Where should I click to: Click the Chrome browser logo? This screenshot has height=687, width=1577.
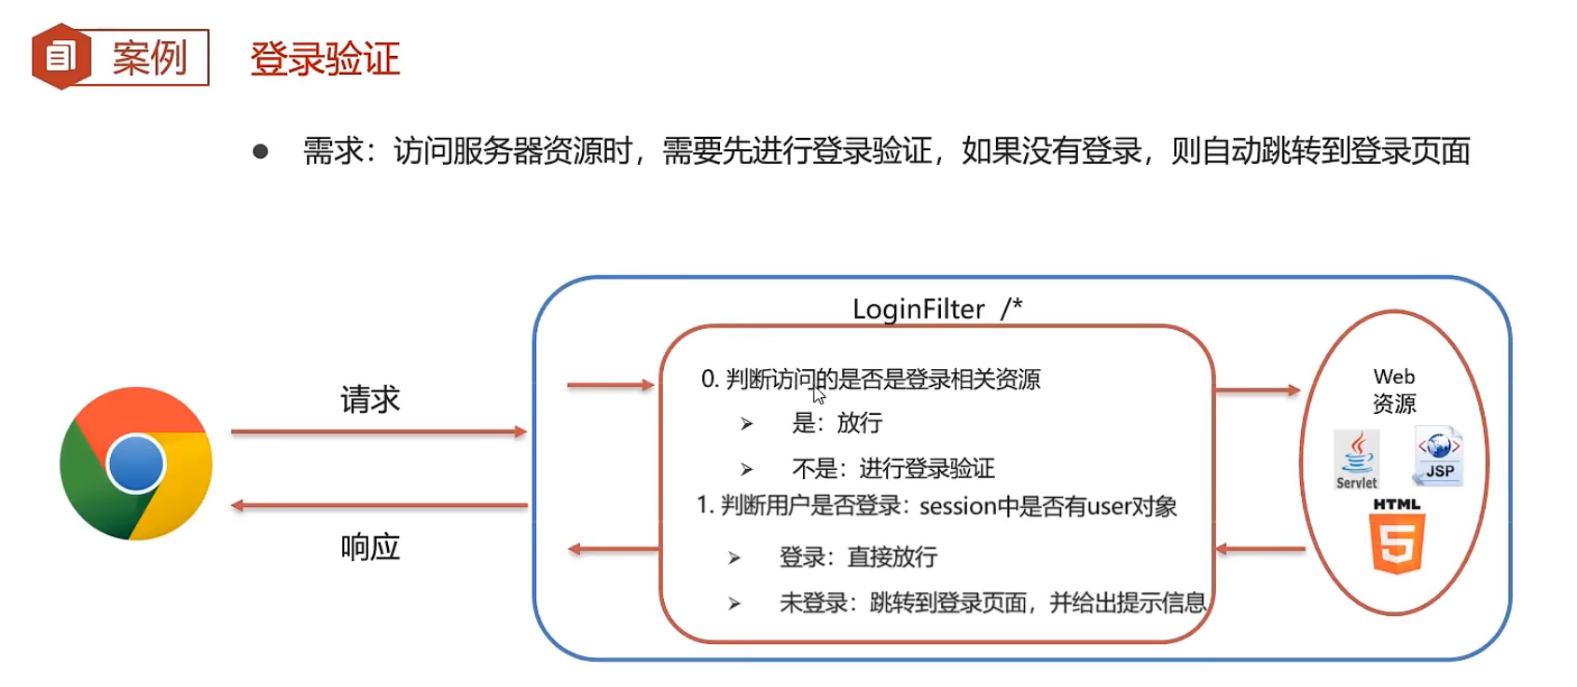[x=136, y=463]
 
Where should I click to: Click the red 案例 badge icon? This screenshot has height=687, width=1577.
[x=61, y=57]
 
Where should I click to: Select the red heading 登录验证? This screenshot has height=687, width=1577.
[x=325, y=59]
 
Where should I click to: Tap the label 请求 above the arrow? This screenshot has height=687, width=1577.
[x=370, y=400]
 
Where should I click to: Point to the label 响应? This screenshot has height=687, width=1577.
[x=370, y=547]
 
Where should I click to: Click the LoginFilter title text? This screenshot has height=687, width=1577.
[x=919, y=309]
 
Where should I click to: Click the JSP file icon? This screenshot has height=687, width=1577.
[x=1438, y=456]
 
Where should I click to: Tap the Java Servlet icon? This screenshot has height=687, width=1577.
[x=1357, y=459]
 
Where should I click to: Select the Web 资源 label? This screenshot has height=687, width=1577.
[x=1394, y=390]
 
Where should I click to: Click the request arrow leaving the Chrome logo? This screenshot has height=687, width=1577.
[x=379, y=432]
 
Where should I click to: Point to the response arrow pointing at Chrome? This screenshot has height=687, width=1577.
[x=379, y=505]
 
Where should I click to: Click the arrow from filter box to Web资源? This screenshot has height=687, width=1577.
[x=1258, y=390]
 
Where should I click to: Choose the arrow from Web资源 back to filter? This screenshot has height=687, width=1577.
[x=1260, y=549]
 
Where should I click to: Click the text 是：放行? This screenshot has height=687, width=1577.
[x=837, y=423]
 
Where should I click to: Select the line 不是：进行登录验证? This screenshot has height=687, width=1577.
[x=893, y=468]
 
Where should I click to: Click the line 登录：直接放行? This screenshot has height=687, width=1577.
[x=858, y=557]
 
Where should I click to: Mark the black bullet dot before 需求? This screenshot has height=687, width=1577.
[x=260, y=151]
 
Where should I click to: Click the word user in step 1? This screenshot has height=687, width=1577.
[x=1109, y=507]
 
